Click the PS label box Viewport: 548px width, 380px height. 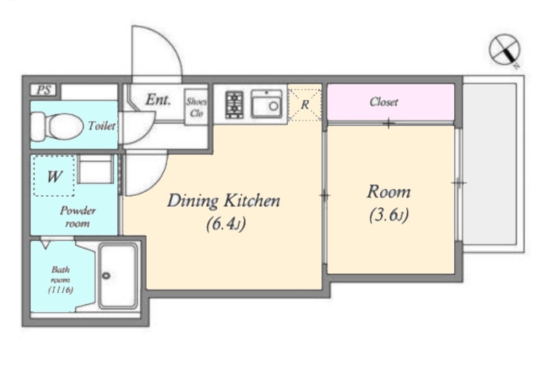point(44,90)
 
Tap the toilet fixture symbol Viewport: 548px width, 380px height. point(57,126)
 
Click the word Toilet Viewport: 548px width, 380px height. point(101,126)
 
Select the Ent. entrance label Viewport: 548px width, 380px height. point(158,100)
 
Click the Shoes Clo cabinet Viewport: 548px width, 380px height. point(196,107)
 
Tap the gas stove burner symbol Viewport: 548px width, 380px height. point(234,105)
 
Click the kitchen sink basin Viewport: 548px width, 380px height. point(266,104)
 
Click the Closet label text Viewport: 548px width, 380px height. point(384,102)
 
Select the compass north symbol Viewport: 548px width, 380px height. point(504,49)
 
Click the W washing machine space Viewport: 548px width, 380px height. point(54,176)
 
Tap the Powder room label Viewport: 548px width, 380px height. point(77,217)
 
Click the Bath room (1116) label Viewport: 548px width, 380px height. point(61,279)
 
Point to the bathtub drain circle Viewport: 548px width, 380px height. point(106,275)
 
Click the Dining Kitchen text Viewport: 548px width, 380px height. point(224,201)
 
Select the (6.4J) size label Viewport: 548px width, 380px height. point(226,223)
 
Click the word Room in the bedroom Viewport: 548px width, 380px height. point(388,192)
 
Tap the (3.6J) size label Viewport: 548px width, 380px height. point(389,215)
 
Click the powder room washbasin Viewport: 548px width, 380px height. point(95,169)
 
